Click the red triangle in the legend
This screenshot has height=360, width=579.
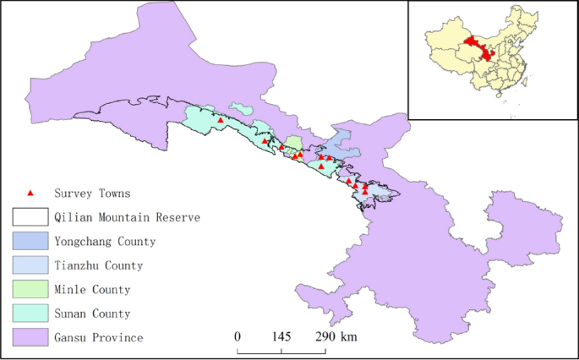[30, 194]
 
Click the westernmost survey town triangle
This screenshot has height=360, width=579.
[221, 120]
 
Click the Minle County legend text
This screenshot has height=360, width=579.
[91, 290]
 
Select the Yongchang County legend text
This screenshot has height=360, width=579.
[104, 242]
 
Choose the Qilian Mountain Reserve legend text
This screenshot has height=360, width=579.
[126, 217]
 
